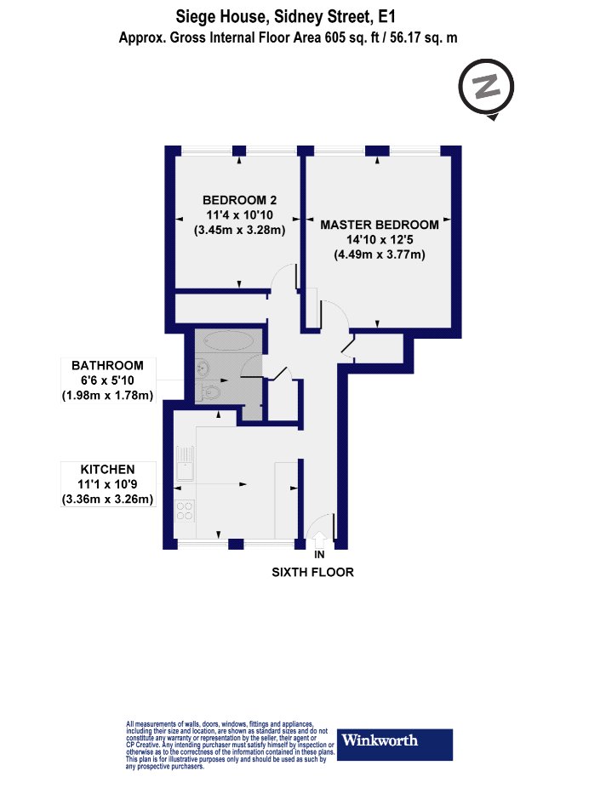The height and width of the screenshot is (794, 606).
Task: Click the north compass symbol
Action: [486, 87]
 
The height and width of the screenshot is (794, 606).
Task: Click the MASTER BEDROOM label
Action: [380, 225]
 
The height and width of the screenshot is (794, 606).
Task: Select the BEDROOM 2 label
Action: [239, 200]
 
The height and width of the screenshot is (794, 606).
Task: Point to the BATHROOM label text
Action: [107, 366]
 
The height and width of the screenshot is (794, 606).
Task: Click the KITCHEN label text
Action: [107, 470]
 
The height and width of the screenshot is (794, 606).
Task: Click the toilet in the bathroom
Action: [210, 391]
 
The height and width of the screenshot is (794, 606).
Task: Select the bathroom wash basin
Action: [203, 367]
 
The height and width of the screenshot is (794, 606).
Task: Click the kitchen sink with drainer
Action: [186, 463]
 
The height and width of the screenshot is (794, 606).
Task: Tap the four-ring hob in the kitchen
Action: [185, 511]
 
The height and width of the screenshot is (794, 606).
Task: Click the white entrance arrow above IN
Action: [319, 540]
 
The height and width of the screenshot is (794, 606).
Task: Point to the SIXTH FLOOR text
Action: [313, 572]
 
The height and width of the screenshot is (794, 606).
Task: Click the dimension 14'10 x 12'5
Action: [380, 239]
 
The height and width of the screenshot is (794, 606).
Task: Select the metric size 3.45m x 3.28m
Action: [239, 230]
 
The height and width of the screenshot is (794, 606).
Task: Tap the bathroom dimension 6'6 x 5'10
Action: [107, 380]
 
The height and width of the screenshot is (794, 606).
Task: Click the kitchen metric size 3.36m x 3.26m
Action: [107, 499]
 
